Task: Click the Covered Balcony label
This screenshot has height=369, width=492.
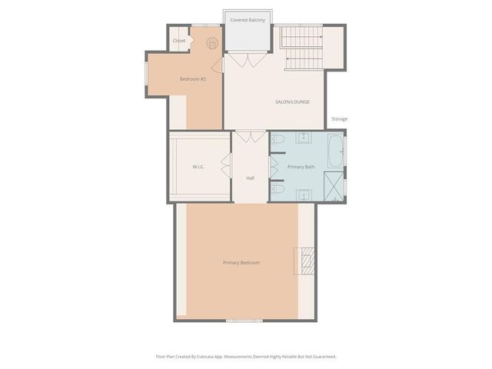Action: (x=248, y=20)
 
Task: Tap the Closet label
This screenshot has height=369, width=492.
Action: (x=179, y=41)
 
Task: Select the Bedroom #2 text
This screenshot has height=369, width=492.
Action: (x=192, y=79)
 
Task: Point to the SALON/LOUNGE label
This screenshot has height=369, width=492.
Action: (x=292, y=101)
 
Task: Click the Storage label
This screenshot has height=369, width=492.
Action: (x=339, y=119)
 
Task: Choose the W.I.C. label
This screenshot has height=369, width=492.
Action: (x=198, y=166)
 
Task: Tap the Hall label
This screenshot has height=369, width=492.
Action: (x=250, y=178)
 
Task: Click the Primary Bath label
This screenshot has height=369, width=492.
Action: (x=300, y=166)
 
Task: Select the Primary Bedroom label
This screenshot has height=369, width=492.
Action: (x=241, y=263)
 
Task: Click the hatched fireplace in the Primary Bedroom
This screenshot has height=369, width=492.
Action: (x=307, y=261)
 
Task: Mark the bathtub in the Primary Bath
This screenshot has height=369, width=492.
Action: (x=335, y=151)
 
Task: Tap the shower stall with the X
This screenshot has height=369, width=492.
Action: (x=334, y=186)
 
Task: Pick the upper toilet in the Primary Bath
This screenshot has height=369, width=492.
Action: (x=279, y=140)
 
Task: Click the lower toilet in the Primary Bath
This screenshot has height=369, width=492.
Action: (x=279, y=188)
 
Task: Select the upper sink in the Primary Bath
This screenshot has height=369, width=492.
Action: (x=303, y=138)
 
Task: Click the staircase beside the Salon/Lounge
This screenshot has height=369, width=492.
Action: (x=300, y=45)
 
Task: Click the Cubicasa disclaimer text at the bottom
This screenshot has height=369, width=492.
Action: (x=246, y=357)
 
